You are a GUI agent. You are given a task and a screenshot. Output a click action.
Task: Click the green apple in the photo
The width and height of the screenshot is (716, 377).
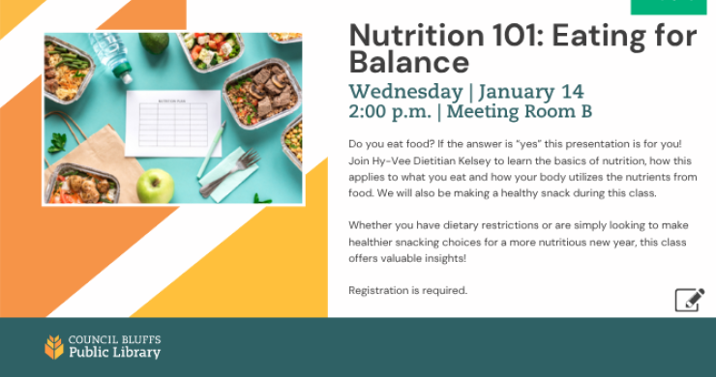(155, 185)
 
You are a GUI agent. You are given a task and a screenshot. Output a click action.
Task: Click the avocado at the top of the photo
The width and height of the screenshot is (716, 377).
(154, 43)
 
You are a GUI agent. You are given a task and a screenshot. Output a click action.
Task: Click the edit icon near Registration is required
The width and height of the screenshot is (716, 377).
(689, 299)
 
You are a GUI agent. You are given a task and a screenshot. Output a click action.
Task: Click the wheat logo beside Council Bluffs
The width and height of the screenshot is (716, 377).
(54, 347)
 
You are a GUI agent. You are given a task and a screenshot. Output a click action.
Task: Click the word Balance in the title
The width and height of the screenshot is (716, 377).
(408, 65)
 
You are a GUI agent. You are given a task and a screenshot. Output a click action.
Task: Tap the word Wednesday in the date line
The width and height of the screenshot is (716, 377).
(405, 92)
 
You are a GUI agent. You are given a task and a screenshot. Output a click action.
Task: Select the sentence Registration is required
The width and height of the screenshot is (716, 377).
(407, 290)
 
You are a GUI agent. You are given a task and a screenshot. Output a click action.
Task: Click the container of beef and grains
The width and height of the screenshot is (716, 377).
(264, 92)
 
